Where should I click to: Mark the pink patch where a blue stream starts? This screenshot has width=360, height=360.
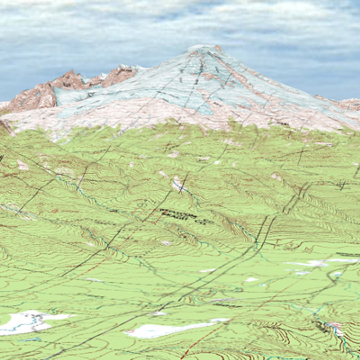[x=177, y=183]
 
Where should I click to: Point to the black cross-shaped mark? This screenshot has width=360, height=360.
[x=342, y=184]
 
